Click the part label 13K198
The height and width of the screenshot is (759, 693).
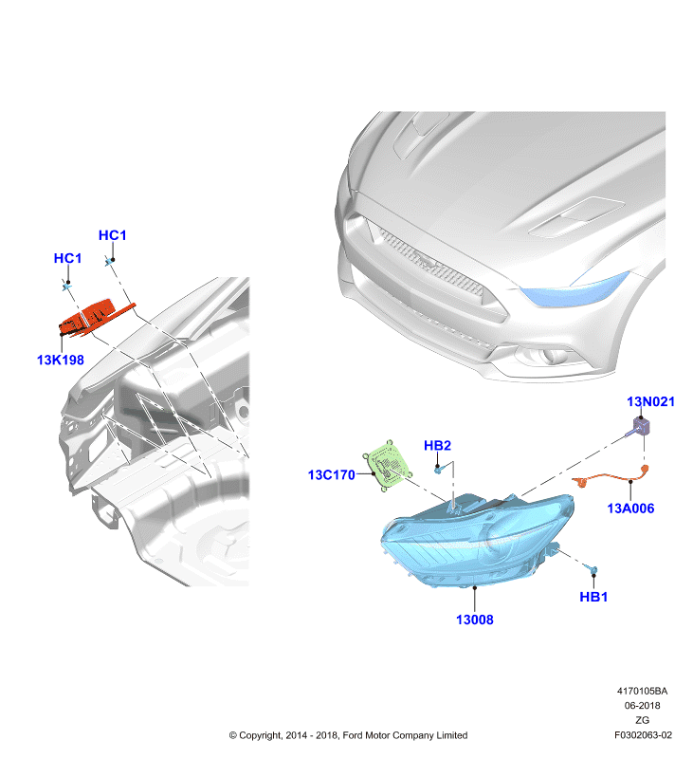[61, 360]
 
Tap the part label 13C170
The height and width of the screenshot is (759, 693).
[332, 475]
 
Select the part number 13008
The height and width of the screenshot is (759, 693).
[474, 620]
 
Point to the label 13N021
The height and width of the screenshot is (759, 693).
[650, 401]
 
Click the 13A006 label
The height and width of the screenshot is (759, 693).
[630, 509]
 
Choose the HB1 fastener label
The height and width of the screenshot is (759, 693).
[593, 597]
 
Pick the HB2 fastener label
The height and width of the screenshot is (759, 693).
[437, 445]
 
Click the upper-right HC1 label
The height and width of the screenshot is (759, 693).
[112, 235]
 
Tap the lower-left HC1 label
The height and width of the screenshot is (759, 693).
[67, 258]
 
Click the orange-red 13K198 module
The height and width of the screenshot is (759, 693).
[94, 317]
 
